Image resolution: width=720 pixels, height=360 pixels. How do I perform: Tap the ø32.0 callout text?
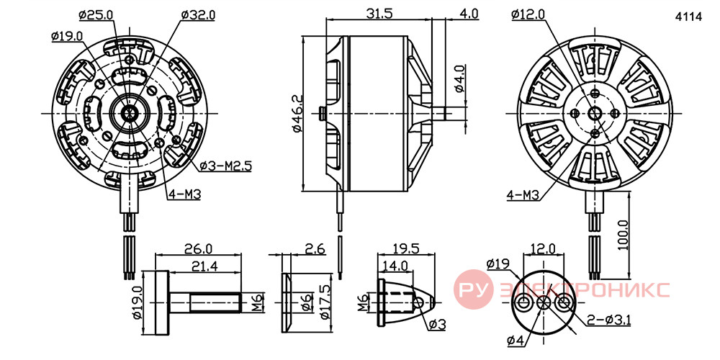pyautogui.click(x=198, y=14)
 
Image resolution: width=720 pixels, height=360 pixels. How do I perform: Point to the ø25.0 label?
pyautogui.click(x=96, y=14)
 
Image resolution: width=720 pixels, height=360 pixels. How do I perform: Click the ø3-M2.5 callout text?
pyautogui.click(x=226, y=166)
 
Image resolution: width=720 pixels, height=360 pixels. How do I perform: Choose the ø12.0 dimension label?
pyautogui.click(x=528, y=14)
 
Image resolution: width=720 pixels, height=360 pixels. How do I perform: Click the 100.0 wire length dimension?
pyautogui.click(x=623, y=235)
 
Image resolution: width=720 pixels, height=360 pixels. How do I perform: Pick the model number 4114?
pyautogui.click(x=688, y=17)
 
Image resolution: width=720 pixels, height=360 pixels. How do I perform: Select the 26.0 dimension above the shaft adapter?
pyautogui.click(x=199, y=248)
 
